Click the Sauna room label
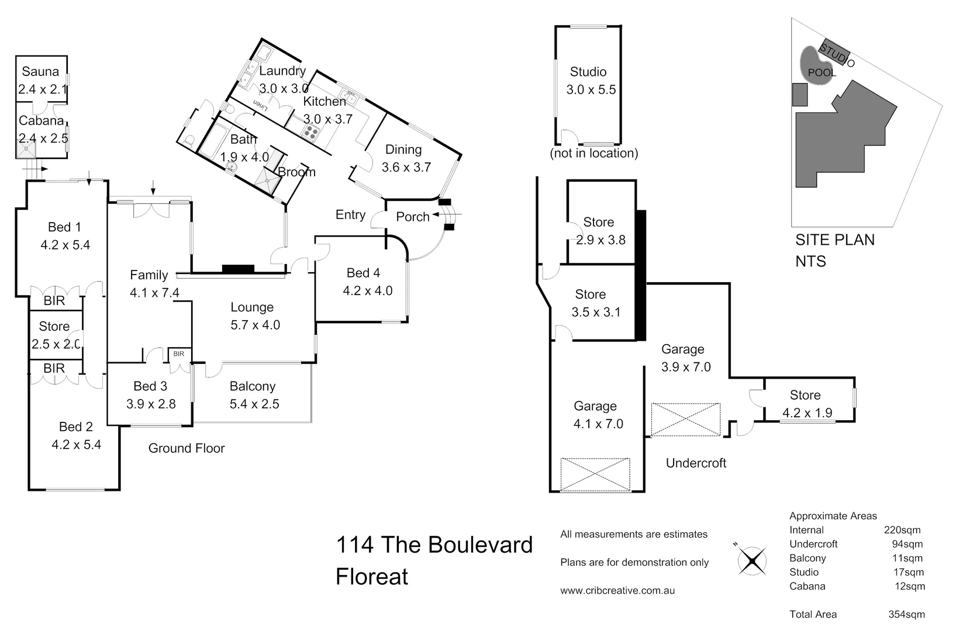pos(40,71)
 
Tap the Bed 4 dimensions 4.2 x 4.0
pos(367,290)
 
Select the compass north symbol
pos(752,561)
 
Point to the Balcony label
pos(252,386)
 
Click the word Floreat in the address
pos(372,577)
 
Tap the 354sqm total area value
pos(906,614)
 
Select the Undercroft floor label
pos(696,463)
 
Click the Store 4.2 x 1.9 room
pos(807,403)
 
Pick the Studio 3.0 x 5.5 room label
pos(589,72)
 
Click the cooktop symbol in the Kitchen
pos(309,132)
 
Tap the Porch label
pos(412,217)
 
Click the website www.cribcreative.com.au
pos(617,591)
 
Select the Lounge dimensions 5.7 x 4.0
pos(255,325)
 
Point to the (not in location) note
pos(593,153)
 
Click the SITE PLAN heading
pos(834,240)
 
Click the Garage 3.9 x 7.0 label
pos(683,349)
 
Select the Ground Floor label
pos(187,448)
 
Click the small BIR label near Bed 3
pos(179,353)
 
